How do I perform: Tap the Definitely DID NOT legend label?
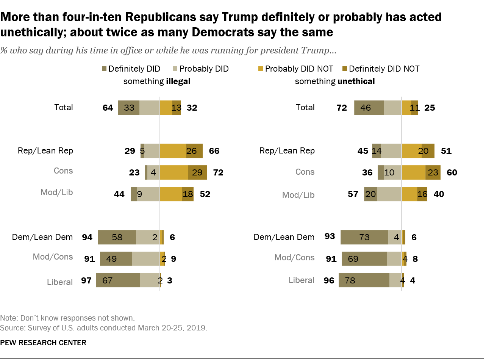point(384,69)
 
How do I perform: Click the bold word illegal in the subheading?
point(178,81)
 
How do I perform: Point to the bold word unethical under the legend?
point(356,81)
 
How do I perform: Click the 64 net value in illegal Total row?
point(108,108)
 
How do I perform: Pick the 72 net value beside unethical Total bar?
point(342,108)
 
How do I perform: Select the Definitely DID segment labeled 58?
point(117,237)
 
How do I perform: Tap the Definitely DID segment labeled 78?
point(364,280)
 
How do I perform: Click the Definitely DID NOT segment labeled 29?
point(197,172)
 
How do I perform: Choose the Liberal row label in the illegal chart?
point(60,282)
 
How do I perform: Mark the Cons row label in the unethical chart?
point(305,172)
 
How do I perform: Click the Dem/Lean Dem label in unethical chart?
point(284,237)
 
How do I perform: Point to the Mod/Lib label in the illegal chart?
point(57,192)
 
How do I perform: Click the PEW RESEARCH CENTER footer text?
point(43,343)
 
